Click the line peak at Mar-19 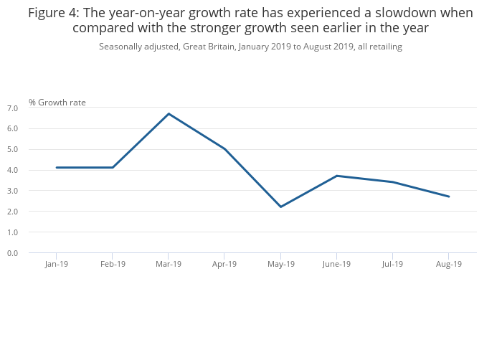pos(169,113)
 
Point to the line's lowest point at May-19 pos(280,207)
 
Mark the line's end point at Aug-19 pos(449,196)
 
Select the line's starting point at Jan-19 pos(57,168)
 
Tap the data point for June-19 pos(336,176)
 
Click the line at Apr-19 pos(224,149)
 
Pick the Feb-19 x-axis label pos(113,264)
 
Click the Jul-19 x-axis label pos(392,264)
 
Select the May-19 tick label pos(280,264)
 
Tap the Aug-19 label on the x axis pos(449,264)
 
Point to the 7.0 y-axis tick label pos(12,108)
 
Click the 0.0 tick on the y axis pos(12,253)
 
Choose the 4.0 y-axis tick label pos(12,171)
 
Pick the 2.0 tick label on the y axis pos(12,212)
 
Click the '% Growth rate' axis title pos(57,103)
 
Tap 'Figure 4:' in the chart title pos(54,13)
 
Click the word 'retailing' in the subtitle pos(384,47)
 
